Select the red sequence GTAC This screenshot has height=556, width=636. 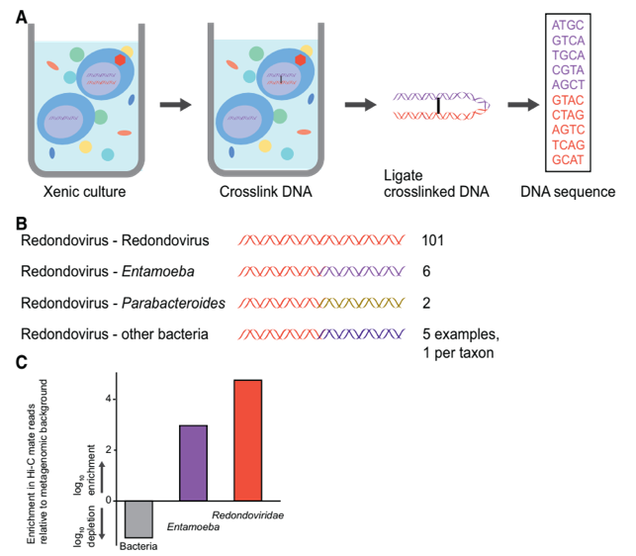pos(568,100)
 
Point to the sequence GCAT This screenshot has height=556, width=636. pos(568,159)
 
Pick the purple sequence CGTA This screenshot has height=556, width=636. pos(568,70)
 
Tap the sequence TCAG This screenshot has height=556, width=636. pos(568,144)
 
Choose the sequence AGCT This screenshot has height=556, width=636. pos(568,85)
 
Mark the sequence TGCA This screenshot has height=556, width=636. pos(568,55)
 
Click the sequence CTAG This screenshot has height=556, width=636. pos(568,115)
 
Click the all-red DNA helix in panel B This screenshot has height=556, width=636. pos(321,240)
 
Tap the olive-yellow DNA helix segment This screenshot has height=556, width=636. pos(363,303)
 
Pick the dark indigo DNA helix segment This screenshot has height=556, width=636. pos(363,334)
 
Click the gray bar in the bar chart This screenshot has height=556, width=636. pos(139,519)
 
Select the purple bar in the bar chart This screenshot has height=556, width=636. pos(194,463)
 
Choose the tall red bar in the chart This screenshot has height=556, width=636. pos(247,440)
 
